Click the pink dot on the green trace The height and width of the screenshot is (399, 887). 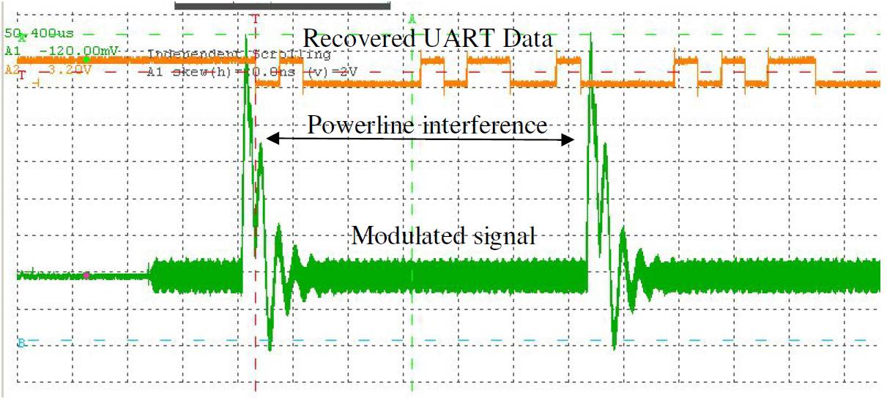coord(86,275)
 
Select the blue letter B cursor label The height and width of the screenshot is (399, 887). coord(21,342)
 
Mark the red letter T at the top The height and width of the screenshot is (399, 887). coord(255,18)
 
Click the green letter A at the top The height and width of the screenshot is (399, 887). coord(412,18)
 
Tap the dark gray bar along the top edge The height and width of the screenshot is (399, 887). coord(283,6)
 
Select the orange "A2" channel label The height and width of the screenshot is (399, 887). coord(12,70)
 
